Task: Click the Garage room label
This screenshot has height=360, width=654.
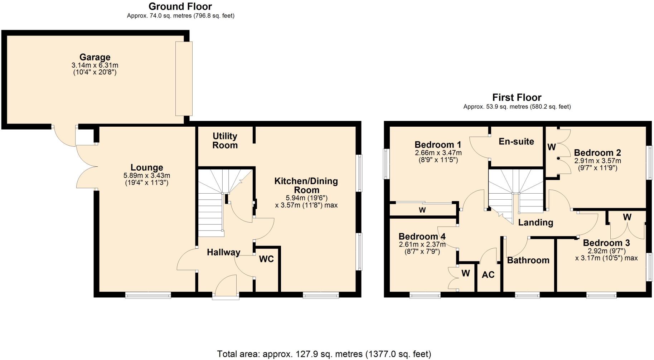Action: point(95,57)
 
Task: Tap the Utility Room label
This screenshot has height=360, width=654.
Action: point(225,141)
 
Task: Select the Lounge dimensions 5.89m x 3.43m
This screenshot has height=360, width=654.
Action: point(147,176)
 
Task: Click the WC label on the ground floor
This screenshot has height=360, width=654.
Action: point(266,259)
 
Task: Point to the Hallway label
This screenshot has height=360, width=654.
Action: point(223,252)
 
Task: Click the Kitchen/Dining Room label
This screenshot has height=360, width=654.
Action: point(306,185)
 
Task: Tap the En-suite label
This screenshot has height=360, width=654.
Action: point(516,141)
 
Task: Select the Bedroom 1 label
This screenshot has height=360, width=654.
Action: point(438,145)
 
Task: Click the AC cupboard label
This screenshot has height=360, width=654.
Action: point(488,274)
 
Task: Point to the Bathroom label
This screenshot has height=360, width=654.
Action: point(528,260)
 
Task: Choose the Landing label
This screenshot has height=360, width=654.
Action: point(536,223)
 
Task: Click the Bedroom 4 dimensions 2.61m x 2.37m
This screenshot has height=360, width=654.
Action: point(422,245)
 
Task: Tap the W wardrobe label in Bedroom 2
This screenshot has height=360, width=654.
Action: point(551,147)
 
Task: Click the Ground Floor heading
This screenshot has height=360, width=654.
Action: point(180,6)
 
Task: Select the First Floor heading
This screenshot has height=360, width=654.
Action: point(517,97)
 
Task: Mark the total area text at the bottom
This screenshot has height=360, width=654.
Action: point(324,354)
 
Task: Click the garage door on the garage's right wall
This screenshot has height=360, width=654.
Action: point(184,78)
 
